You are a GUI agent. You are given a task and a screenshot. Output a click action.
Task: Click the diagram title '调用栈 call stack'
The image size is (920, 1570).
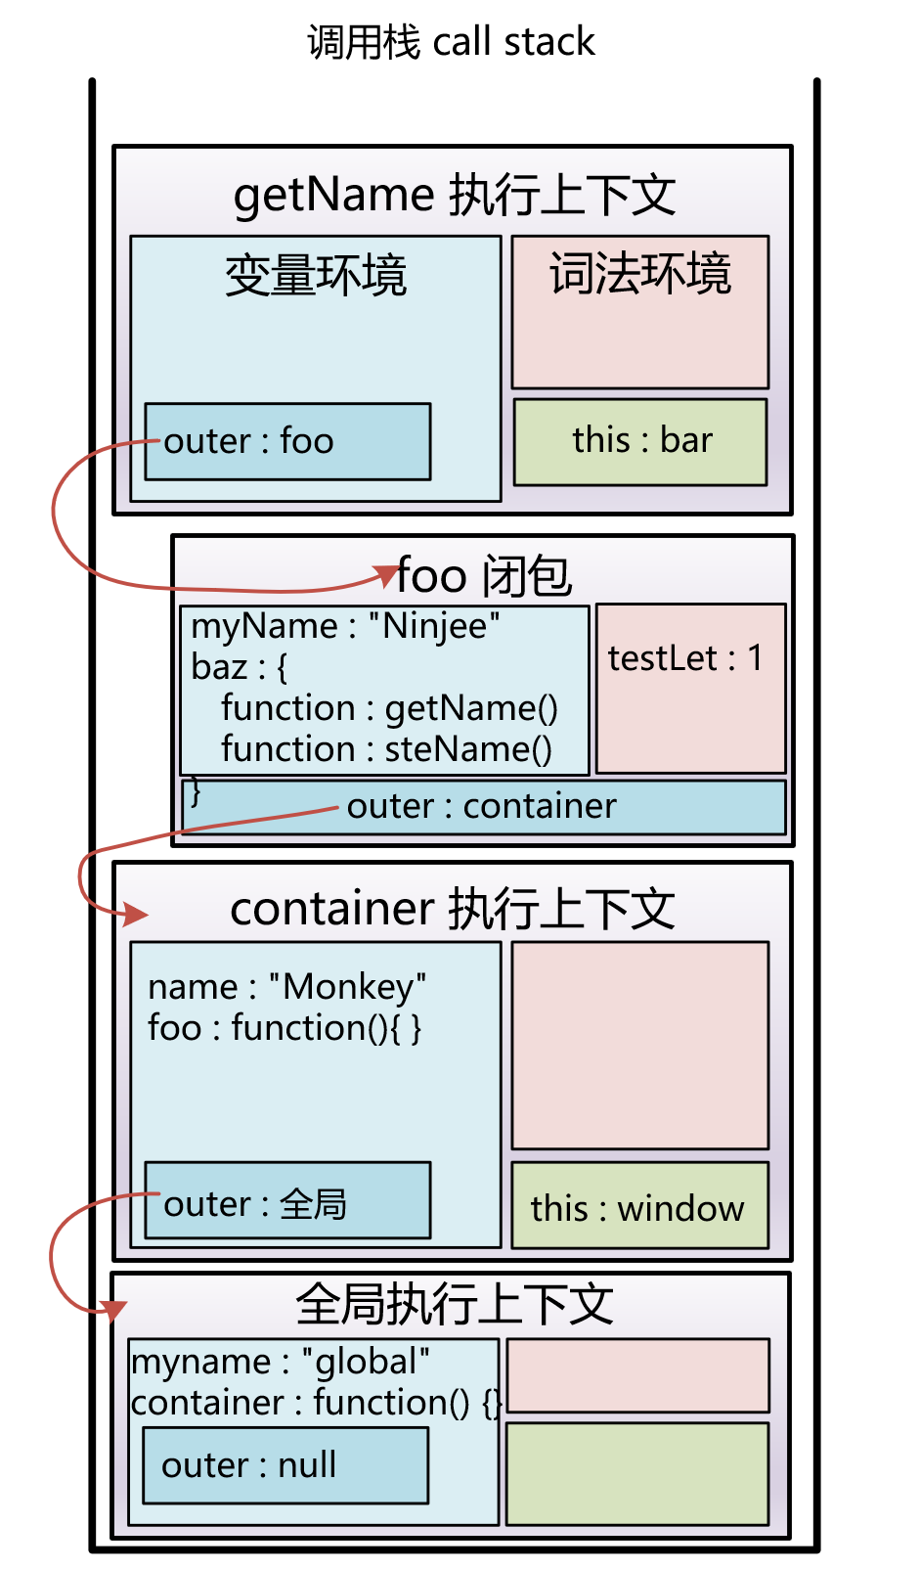tap(451, 42)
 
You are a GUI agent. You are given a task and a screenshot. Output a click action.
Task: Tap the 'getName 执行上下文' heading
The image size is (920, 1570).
tap(454, 195)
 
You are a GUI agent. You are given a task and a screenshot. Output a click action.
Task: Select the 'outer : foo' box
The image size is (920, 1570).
tap(287, 441)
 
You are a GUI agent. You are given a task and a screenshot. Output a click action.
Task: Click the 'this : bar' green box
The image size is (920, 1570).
tap(640, 441)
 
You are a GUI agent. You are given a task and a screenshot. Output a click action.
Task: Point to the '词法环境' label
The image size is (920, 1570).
tap(640, 274)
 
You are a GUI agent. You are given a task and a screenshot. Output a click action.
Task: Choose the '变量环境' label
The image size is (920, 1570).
tap(316, 276)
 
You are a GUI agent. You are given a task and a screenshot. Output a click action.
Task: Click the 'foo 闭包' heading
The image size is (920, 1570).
tap(485, 575)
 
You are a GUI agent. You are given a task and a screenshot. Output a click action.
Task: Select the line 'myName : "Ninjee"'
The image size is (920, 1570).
tap(346, 626)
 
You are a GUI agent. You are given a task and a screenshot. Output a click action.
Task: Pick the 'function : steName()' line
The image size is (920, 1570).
tap(386, 749)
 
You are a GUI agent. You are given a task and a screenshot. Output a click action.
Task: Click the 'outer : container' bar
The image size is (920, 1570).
tap(483, 807)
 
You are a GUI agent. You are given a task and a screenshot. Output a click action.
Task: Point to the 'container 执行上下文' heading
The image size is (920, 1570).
tap(453, 909)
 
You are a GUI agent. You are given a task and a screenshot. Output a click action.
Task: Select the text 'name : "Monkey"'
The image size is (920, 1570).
tap(287, 987)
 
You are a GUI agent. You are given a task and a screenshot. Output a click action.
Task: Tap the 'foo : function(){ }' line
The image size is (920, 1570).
tap(285, 1028)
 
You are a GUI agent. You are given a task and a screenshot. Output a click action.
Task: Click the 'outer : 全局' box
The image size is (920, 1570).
tap(287, 1202)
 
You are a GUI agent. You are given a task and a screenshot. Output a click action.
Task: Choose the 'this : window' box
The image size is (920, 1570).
tap(639, 1207)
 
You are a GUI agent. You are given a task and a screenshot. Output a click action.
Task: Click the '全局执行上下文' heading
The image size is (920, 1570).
tap(455, 1304)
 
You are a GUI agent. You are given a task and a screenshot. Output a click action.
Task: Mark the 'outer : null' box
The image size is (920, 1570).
tap(285, 1465)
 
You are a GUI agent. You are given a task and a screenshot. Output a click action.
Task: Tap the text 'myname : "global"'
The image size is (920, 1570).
tap(281, 1362)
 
